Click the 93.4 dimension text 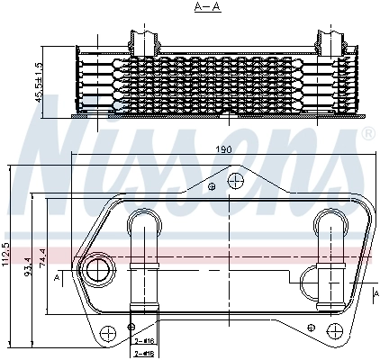tap(27, 267)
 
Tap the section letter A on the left tap(58, 279)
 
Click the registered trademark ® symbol tap(367, 135)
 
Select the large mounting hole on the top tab tap(236, 181)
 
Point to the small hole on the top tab tap(212, 187)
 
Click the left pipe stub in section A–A tap(144, 40)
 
